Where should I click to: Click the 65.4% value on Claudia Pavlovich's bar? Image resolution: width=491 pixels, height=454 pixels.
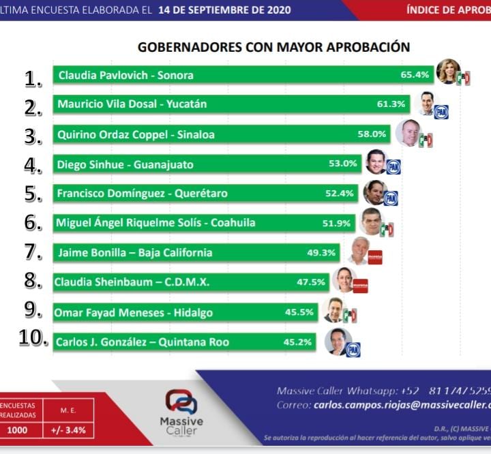[415, 75]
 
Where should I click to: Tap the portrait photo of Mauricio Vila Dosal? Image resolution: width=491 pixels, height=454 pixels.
[426, 103]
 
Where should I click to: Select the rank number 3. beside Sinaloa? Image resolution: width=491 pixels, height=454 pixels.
[33, 136]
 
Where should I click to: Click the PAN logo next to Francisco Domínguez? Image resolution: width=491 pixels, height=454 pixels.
[391, 198]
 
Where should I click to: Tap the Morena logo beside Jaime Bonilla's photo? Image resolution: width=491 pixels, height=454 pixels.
[374, 257]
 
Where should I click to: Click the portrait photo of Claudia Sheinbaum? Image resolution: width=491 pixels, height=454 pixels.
[344, 279]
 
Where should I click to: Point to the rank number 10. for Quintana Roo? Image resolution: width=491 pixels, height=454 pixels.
[33, 339]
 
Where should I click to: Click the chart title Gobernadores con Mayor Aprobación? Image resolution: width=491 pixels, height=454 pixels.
[273, 47]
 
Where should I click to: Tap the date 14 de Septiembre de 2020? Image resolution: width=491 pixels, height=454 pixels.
[224, 10]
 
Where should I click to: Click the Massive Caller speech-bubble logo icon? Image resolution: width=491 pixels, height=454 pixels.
[181, 402]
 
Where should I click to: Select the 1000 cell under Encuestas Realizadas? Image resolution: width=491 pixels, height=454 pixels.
[18, 430]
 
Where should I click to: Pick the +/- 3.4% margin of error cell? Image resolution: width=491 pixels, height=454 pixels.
[68, 430]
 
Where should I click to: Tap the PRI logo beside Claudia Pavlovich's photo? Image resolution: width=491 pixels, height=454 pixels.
[464, 78]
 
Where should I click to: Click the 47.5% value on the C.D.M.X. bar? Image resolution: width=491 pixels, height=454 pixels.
[311, 282]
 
